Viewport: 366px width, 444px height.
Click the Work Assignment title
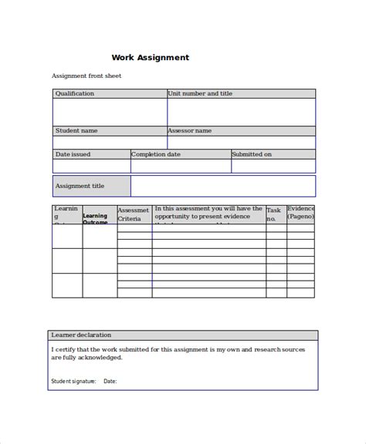point(151,57)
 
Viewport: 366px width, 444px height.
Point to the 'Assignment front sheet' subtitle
point(86,76)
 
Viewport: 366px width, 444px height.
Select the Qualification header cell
point(75,93)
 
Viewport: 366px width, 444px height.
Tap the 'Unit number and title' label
point(199,93)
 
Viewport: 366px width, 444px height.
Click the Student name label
point(76,131)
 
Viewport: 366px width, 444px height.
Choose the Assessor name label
point(189,131)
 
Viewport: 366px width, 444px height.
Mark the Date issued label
point(73,154)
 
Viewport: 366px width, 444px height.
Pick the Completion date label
point(156,154)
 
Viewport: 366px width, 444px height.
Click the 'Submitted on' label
point(252,154)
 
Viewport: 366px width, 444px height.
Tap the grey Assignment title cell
point(91,186)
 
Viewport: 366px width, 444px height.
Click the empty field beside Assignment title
point(222,186)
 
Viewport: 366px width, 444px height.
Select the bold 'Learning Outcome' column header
point(95,219)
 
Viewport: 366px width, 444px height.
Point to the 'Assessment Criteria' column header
point(133,214)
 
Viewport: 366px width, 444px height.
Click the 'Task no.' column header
point(274,214)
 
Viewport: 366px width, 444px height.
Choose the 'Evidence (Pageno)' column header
point(300,213)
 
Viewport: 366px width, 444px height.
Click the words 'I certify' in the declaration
point(66,349)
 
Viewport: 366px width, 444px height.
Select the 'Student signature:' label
point(73,381)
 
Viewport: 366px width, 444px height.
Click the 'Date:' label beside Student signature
point(110,381)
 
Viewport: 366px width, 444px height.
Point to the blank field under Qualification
point(110,112)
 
